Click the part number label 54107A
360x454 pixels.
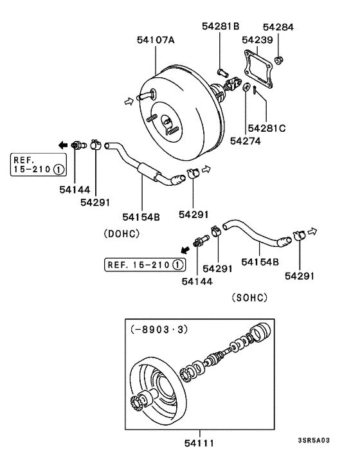(x=156, y=41)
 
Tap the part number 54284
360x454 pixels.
(x=278, y=27)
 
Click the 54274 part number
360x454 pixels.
(x=246, y=140)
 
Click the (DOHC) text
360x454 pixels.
(x=121, y=234)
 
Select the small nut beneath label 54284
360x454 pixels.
(x=278, y=61)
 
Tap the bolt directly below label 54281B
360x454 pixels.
(x=222, y=71)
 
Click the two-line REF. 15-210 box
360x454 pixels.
(x=37, y=165)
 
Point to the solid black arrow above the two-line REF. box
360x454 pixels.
(x=62, y=145)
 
